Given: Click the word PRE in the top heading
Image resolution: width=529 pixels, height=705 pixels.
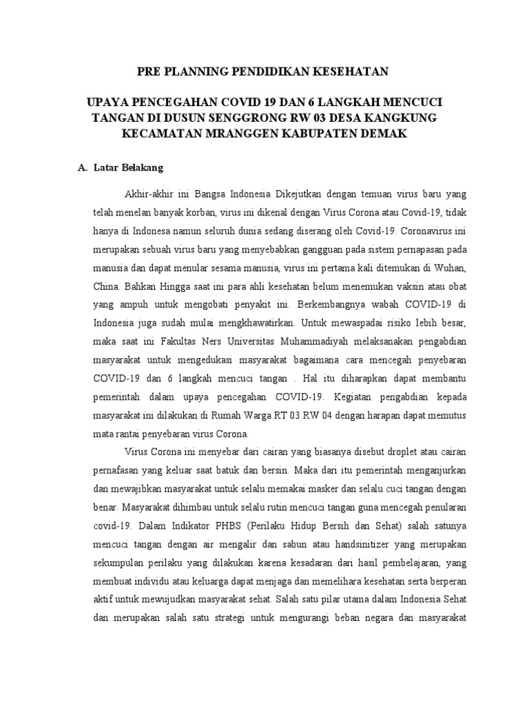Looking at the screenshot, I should click(x=149, y=71).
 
